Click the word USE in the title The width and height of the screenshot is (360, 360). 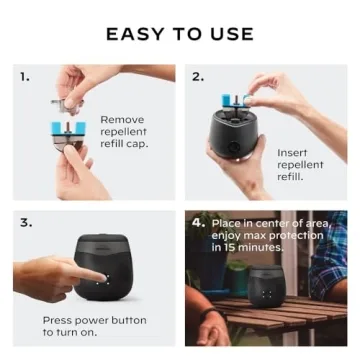pos(232,34)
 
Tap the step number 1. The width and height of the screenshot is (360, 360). pos(24,75)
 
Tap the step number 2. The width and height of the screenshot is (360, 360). pos(198,75)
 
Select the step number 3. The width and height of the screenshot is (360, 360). pos(25,222)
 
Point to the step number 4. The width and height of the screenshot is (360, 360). pos(198,222)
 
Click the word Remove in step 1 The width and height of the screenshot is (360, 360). pos(122,119)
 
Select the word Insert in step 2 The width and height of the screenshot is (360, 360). pos(293,152)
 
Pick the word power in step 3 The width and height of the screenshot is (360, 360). pos(96,320)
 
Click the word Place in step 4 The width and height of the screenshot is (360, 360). pos(226,222)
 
